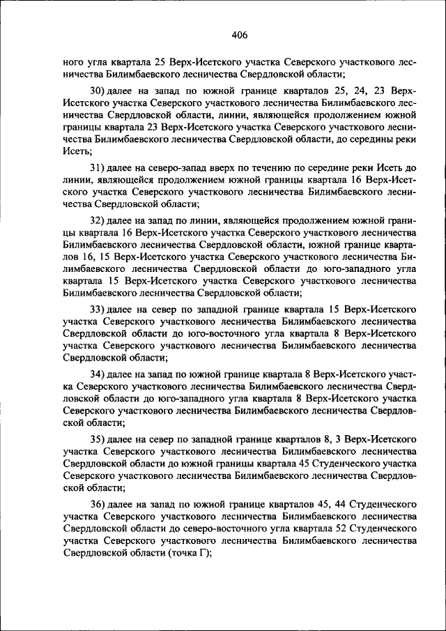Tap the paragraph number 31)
(x=98, y=168)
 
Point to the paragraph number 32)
(x=98, y=220)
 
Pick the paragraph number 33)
(x=98, y=307)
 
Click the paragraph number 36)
(x=98, y=503)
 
